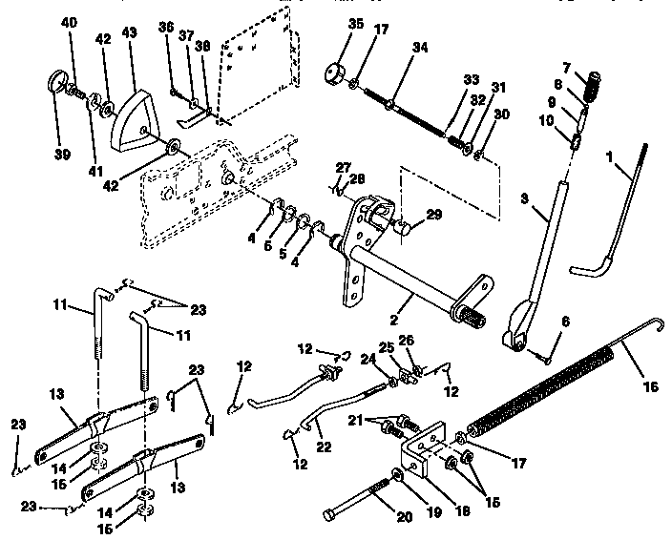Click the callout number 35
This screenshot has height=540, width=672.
[329, 24]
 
